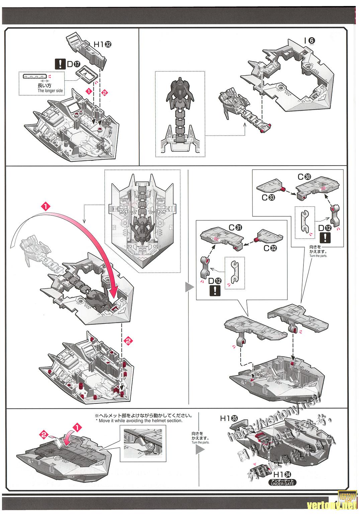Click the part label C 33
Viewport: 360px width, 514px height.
[269, 197]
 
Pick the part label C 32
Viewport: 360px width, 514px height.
[271, 248]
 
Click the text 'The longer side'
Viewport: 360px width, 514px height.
[50, 91]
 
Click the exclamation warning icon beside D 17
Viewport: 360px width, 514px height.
[60, 64]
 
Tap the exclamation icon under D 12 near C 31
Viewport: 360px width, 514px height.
[214, 290]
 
